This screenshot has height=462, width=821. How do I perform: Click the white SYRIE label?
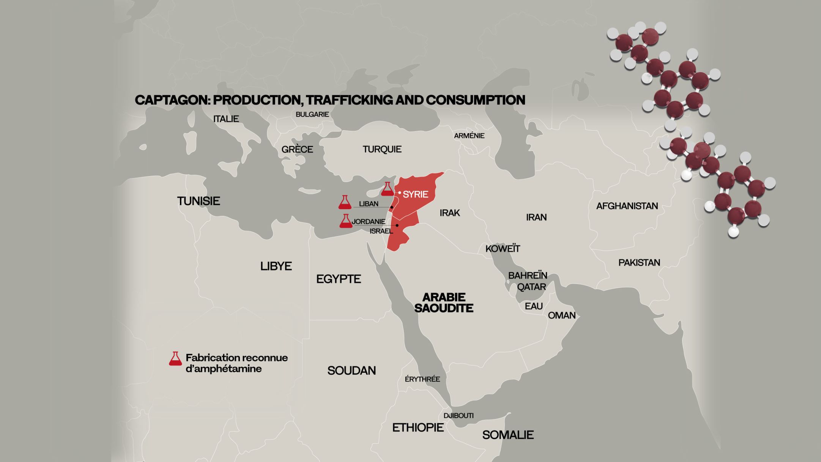pos(415,194)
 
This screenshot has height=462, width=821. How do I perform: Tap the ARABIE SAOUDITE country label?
pos(444,303)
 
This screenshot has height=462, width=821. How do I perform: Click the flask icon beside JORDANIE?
pos(346,221)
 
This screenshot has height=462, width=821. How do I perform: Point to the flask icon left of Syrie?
pos(387,189)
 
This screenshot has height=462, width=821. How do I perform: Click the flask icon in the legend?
pos(175,359)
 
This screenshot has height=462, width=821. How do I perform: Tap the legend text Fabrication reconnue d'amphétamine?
pos(236,363)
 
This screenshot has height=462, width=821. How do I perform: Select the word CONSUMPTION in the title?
pos(475,100)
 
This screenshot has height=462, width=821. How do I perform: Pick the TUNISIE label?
pos(199,201)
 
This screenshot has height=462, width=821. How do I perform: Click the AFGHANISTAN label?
pos(627,206)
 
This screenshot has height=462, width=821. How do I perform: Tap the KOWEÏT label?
pos(503,249)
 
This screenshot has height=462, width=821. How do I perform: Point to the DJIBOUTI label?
pos(459,416)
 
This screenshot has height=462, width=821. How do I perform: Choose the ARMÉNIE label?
pos(469,136)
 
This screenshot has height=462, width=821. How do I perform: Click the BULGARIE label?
pos(312,114)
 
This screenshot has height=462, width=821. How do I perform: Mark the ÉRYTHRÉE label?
pos(422,379)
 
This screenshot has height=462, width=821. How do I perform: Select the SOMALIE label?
pos(508,435)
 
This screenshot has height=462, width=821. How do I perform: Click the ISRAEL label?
pos(381,231)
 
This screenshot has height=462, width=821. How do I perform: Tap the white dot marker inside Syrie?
pos(400,193)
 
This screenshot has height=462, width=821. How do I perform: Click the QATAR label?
pos(531,287)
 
